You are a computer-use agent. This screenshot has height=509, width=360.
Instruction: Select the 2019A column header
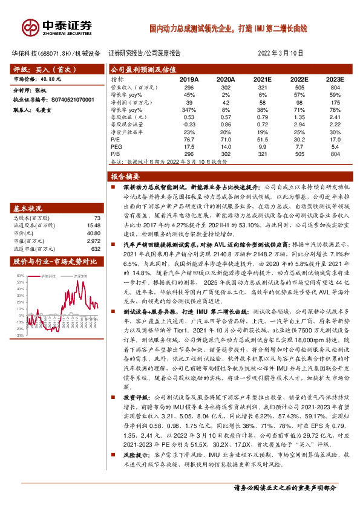[x=189, y=79]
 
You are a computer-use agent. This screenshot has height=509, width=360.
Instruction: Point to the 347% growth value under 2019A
[x=189, y=109]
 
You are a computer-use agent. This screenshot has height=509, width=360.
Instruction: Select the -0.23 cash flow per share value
[x=189, y=124]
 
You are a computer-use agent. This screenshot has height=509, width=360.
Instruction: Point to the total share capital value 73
[x=97, y=218]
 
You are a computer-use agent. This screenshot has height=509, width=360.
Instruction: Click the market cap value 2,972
[x=93, y=239]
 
